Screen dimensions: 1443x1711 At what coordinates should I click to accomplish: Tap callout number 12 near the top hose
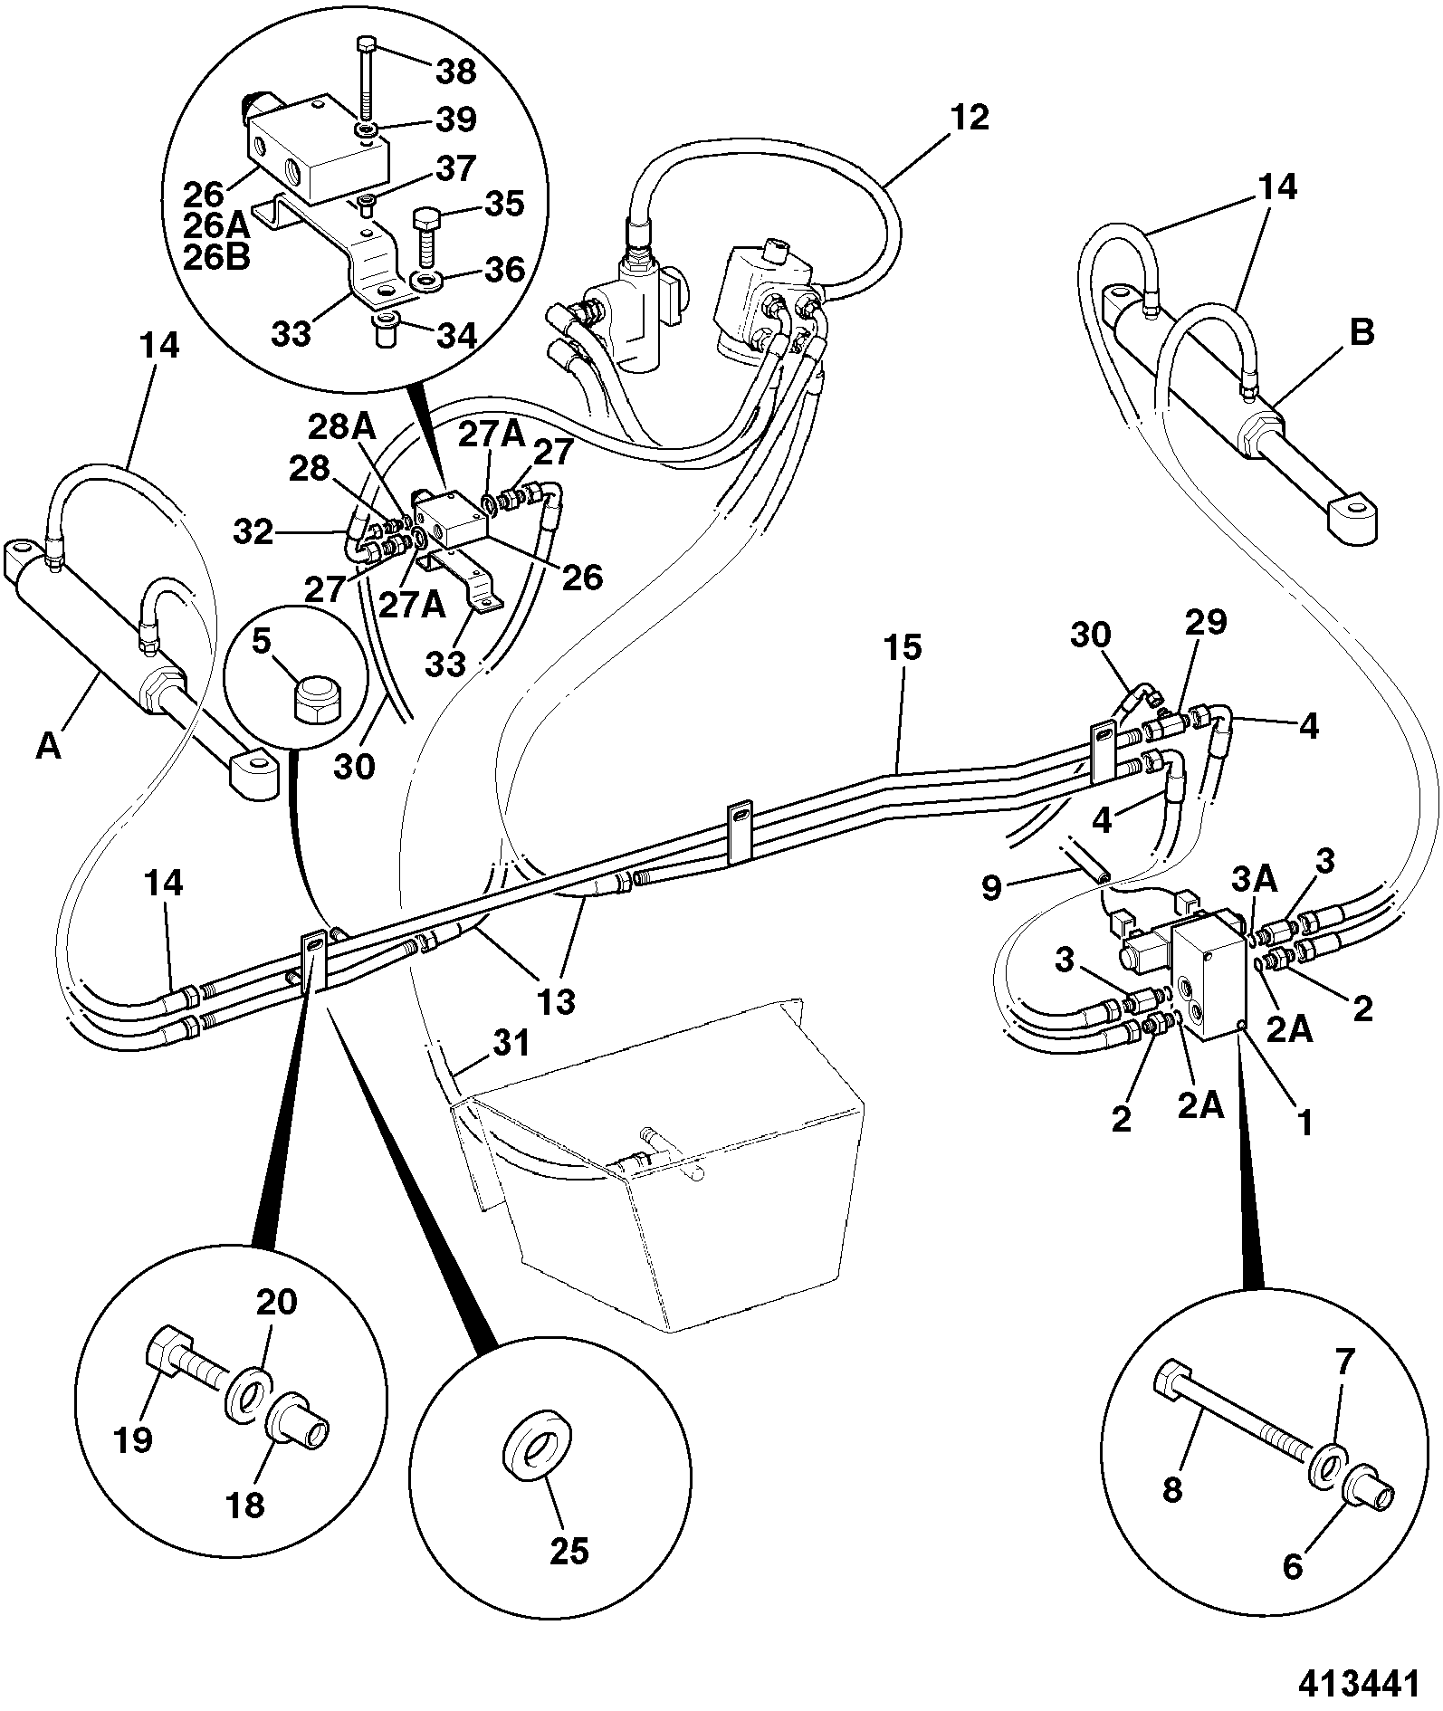pos(970,118)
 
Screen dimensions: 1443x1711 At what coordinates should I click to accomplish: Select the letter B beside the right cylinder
pos(1362,332)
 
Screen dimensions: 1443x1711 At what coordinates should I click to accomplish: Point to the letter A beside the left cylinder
pos(49,746)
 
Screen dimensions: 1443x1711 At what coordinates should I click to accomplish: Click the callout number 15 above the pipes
pos(903,648)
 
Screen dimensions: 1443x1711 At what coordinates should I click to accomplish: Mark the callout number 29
pos(1206,621)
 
